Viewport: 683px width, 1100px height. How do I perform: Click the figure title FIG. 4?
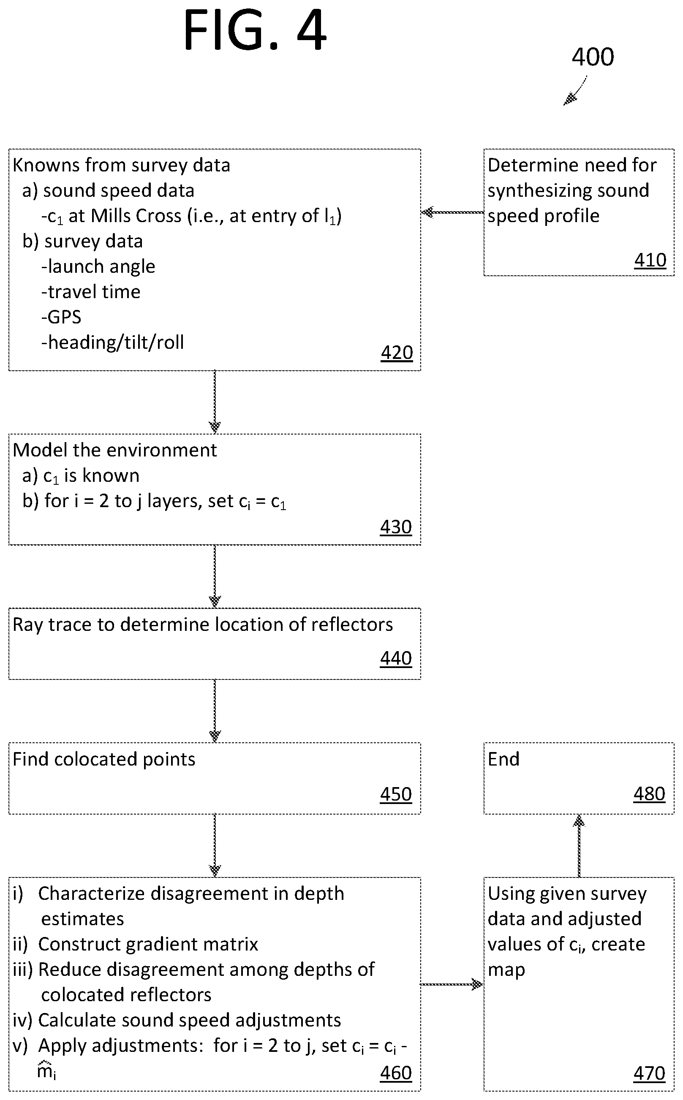click(255, 31)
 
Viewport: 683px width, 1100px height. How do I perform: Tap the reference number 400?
click(593, 57)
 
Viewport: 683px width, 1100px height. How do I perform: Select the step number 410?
click(650, 260)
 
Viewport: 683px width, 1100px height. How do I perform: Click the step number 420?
click(397, 353)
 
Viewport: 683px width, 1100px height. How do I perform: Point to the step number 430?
click(396, 527)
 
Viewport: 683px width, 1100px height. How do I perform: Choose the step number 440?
click(396, 658)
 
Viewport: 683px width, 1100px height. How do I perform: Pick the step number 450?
click(396, 794)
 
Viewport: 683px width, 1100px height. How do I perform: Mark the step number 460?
click(396, 1073)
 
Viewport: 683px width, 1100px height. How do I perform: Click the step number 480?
click(649, 794)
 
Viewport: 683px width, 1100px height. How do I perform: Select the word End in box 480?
click(503, 759)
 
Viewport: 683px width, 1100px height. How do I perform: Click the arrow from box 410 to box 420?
click(452, 212)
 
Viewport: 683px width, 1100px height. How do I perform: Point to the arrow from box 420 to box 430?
click(215, 402)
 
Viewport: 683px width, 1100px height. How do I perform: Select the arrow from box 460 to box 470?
click(452, 984)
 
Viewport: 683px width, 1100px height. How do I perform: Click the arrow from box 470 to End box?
click(579, 846)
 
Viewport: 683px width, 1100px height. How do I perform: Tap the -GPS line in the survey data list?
click(61, 317)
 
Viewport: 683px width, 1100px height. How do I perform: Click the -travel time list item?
click(91, 292)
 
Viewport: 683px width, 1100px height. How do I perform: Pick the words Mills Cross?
click(136, 216)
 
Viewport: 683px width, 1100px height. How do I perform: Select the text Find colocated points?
click(104, 759)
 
